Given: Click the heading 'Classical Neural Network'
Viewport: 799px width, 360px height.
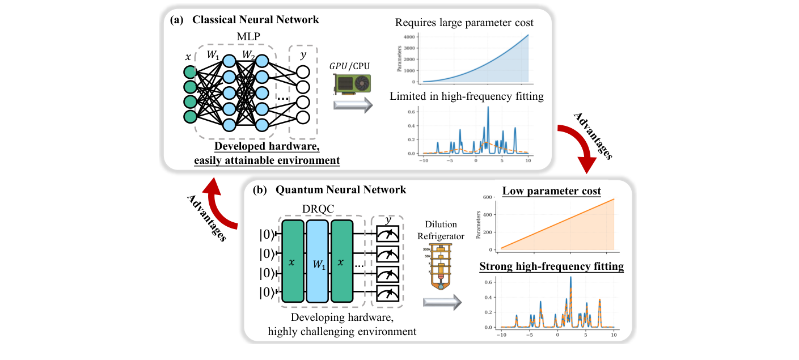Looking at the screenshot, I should coord(255,20).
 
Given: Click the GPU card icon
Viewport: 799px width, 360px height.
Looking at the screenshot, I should coord(352,84).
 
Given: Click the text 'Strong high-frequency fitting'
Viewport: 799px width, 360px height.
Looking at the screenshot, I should coord(552,266).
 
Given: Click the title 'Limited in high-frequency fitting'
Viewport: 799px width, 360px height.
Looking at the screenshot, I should coord(467,96).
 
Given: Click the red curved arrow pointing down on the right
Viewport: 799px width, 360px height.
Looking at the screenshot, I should coord(578,145).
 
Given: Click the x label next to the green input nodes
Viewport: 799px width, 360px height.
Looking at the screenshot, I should coord(189,57).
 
